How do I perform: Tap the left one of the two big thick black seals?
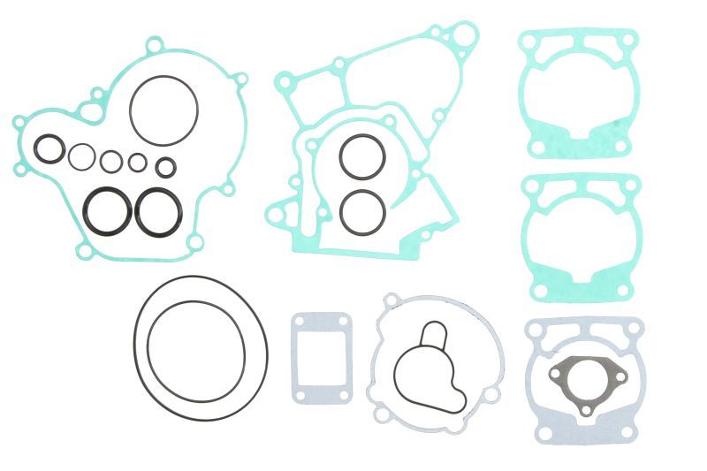[x=88, y=209]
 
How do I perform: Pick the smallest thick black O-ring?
[x=165, y=167]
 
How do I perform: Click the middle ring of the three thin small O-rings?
[x=111, y=162]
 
